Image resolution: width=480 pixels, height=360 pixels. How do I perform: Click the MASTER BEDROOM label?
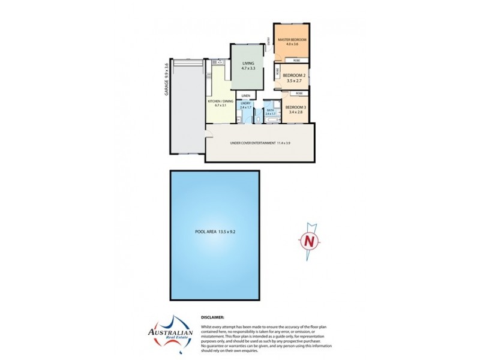(292, 40)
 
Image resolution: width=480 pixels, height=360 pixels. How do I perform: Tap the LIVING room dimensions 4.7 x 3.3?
(248, 69)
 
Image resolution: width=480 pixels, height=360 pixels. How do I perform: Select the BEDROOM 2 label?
(295, 76)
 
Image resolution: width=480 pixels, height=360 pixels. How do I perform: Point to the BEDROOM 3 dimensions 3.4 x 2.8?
(295, 112)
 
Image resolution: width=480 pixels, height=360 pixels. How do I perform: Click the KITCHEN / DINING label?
(221, 101)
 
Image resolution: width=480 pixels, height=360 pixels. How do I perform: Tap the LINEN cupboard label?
(245, 95)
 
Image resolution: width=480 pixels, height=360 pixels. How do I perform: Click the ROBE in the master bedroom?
(296, 61)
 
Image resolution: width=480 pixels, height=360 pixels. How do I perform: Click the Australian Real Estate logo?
(171, 329)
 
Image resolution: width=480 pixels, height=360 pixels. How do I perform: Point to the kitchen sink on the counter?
(220, 62)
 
